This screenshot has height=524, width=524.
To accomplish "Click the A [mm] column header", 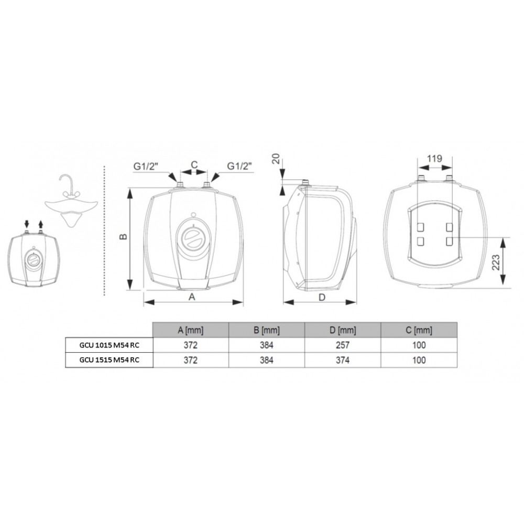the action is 191,330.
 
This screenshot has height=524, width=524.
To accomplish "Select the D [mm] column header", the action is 343,330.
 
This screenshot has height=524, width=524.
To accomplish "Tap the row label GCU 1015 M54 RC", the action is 109,345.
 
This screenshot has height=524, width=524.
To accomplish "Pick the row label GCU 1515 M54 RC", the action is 109,360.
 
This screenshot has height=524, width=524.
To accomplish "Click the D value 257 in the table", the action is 343,345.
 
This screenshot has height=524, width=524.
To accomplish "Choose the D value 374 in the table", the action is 343,360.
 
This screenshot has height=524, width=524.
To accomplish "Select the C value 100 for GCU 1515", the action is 419,360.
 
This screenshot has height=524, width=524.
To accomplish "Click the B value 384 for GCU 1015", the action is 266,345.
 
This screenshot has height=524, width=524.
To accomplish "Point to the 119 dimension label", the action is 434,158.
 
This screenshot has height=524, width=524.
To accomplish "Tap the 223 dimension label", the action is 496,263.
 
